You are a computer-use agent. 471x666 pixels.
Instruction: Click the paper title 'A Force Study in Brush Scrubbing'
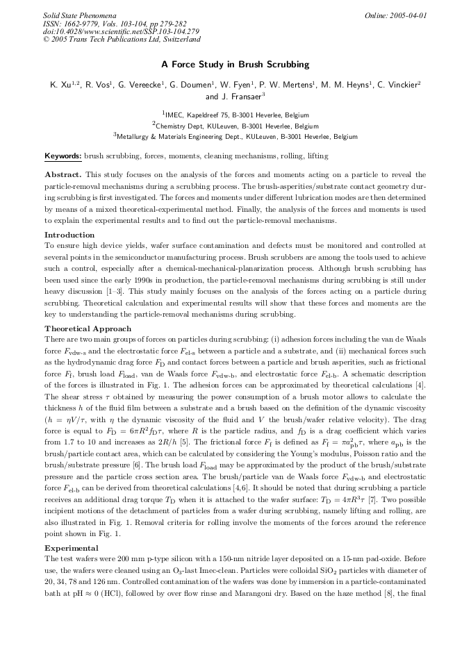click(235, 65)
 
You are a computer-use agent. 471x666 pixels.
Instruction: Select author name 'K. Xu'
click(63, 85)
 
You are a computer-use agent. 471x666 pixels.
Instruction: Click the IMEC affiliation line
click(235, 115)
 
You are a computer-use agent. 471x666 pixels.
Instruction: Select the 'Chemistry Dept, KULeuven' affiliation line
click(235, 126)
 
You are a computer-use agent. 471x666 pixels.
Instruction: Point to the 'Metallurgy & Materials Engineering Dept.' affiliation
click(235, 137)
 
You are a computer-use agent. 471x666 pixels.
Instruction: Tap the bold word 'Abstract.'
click(63, 175)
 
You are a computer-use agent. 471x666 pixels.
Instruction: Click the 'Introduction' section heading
click(69, 235)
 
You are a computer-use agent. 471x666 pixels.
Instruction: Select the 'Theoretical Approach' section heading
click(88, 328)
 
